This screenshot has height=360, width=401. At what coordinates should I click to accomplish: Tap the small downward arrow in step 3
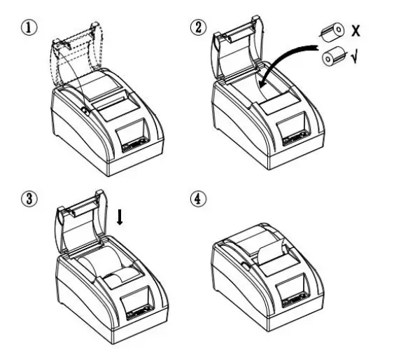[120, 219]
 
